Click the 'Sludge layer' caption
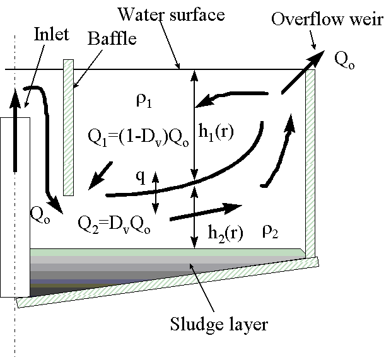(x=219, y=325)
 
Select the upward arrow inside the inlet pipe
(x=15, y=126)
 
